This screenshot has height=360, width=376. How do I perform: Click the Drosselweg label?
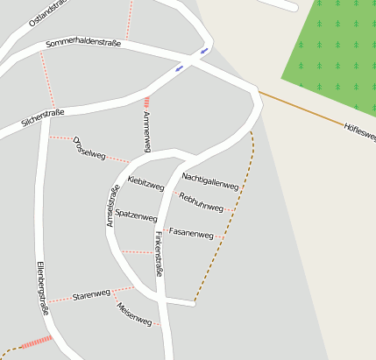pyautogui.click(x=89, y=148)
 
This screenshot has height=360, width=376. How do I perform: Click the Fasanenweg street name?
pyautogui.click(x=191, y=234)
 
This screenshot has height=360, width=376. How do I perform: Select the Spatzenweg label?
pyautogui.click(x=136, y=215)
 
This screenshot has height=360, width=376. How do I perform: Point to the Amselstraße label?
pyautogui.click(x=112, y=206)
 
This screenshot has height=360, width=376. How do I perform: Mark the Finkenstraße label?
pyautogui.click(x=158, y=254)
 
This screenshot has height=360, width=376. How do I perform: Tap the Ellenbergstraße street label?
pyautogui.click(x=41, y=289)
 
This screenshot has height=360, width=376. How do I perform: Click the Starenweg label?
pyautogui.click(x=91, y=294)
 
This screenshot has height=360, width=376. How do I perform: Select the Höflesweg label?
pyautogui.click(x=359, y=132)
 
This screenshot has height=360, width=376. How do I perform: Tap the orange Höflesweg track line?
pyautogui.click(x=298, y=107)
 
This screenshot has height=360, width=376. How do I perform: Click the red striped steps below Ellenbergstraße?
pyautogui.click(x=35, y=343)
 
